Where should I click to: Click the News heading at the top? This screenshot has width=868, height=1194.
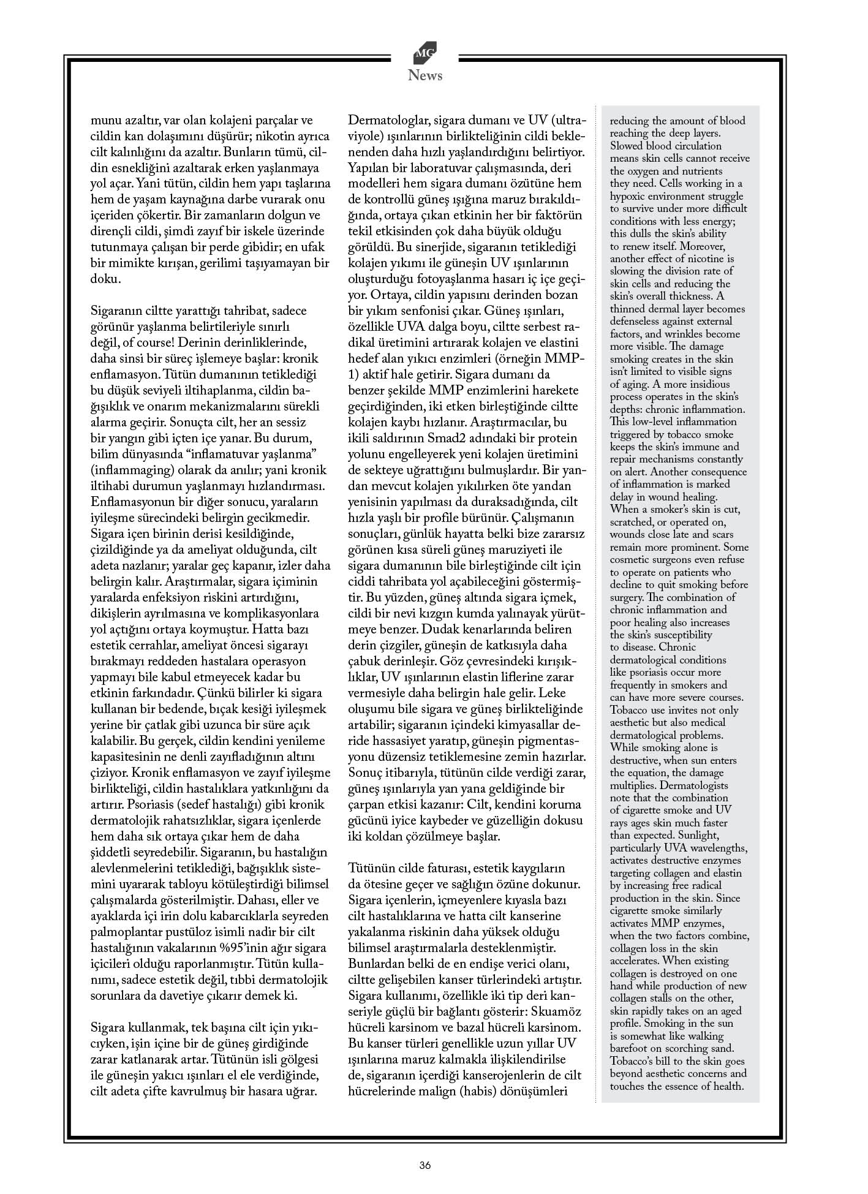425,76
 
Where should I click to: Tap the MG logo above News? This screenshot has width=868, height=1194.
425,55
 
